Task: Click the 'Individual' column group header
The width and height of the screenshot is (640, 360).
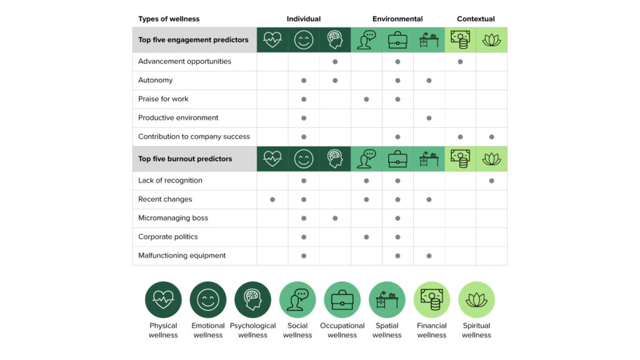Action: pos(303,19)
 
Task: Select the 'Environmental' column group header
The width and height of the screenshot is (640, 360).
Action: pos(397,19)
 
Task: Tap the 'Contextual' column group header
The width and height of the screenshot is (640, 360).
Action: pos(476,19)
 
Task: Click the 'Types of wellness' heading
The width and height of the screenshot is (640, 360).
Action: pos(169,19)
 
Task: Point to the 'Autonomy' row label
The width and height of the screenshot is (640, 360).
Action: pos(155,80)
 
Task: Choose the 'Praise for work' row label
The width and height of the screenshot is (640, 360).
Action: pos(163,99)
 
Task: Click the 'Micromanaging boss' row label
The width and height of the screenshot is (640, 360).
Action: pos(173,218)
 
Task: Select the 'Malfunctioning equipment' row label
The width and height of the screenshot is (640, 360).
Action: pos(182,256)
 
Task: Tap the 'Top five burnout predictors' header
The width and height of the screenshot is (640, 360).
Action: pos(185,159)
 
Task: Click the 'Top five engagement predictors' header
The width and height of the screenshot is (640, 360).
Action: pos(193,40)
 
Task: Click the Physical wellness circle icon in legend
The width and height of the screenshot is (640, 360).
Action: pos(163,300)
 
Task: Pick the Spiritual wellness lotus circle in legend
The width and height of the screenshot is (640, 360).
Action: pos(476,300)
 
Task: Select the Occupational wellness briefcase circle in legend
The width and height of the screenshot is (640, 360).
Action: pos(342,300)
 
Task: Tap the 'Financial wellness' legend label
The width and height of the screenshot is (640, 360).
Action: pos(432,330)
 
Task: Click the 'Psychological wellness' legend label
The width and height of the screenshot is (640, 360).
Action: pos(252,330)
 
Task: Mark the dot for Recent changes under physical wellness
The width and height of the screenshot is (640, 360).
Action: pos(272,199)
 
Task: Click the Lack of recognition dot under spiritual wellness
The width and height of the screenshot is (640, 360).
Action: pos(492,181)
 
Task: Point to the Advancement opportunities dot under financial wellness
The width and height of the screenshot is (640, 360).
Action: pos(461,61)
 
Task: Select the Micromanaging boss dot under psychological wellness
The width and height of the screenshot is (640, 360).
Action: pos(335,218)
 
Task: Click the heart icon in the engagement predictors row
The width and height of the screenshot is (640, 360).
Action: pos(272,40)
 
